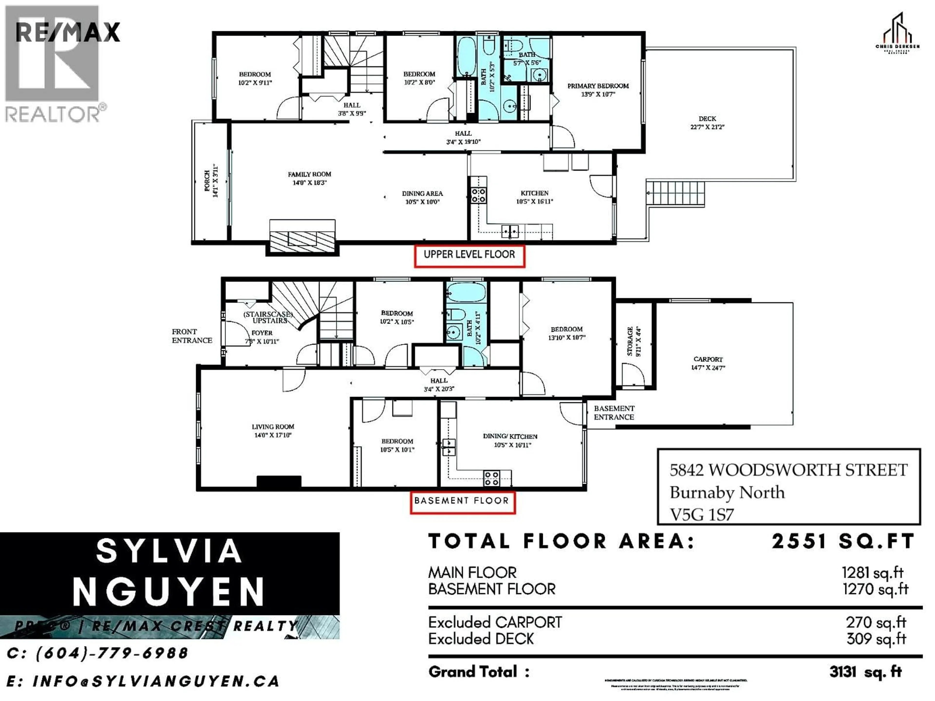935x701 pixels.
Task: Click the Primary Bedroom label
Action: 598,86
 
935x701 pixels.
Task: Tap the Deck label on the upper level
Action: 707,119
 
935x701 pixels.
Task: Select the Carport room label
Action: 708,359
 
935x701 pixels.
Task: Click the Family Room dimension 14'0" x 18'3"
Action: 309,183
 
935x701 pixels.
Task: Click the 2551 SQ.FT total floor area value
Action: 843,542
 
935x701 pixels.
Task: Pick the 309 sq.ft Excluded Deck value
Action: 876,639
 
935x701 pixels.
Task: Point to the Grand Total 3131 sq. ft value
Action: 865,672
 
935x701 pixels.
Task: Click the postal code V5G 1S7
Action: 702,515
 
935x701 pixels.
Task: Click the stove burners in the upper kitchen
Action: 478,195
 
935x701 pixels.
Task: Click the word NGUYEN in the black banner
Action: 168,591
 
